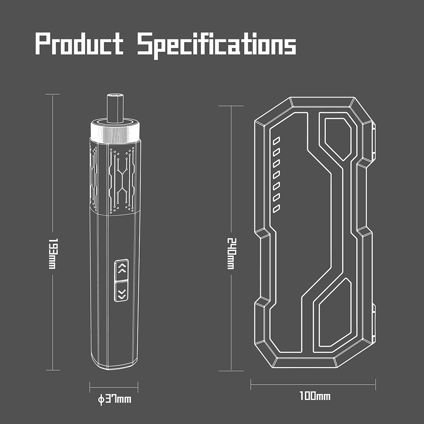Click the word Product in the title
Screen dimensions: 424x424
(x=79, y=45)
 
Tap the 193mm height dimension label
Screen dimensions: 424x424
(x=53, y=253)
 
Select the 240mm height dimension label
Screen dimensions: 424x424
(x=231, y=253)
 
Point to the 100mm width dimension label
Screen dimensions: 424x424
(x=314, y=397)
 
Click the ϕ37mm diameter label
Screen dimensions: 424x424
(x=114, y=399)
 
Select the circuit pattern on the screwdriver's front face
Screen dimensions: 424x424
(x=122, y=180)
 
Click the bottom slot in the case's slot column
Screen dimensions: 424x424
(x=276, y=208)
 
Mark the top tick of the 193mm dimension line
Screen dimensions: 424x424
(x=53, y=95)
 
